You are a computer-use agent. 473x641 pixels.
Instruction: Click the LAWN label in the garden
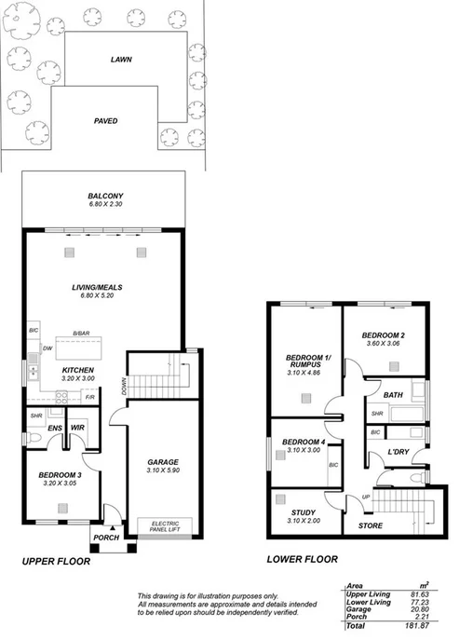[x=121, y=59]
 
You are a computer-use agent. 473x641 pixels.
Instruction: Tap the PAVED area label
[x=105, y=121]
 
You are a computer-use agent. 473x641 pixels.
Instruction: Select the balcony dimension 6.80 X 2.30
[x=105, y=205]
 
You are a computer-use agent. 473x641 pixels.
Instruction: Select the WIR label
[x=77, y=428]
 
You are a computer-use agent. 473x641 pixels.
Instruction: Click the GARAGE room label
[x=162, y=462]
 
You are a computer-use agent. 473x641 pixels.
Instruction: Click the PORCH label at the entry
[x=102, y=538]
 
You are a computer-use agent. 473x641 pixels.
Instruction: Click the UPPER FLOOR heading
[x=56, y=562]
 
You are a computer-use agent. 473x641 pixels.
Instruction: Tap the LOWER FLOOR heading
[x=302, y=559]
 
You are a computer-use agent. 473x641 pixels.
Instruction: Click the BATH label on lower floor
[x=393, y=395]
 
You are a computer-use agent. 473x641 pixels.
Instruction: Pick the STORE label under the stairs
[x=371, y=526]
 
